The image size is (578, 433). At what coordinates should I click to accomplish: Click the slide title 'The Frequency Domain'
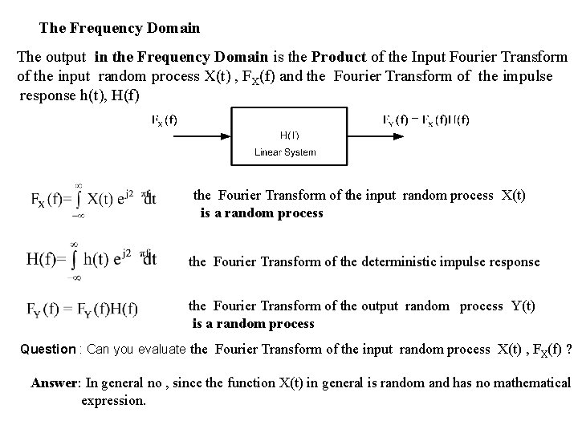(x=120, y=29)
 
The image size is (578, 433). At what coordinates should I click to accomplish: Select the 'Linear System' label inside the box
(x=285, y=152)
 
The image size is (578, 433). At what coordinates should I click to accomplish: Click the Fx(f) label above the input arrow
(x=165, y=119)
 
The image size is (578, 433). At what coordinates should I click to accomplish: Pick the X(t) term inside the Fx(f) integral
(x=104, y=200)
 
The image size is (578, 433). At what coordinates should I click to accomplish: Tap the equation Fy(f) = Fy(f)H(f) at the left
(x=83, y=309)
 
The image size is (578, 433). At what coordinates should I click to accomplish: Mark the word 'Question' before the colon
(x=47, y=349)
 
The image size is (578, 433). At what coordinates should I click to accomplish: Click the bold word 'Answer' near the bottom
(x=55, y=382)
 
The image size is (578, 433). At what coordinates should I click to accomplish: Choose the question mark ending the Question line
(x=568, y=349)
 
